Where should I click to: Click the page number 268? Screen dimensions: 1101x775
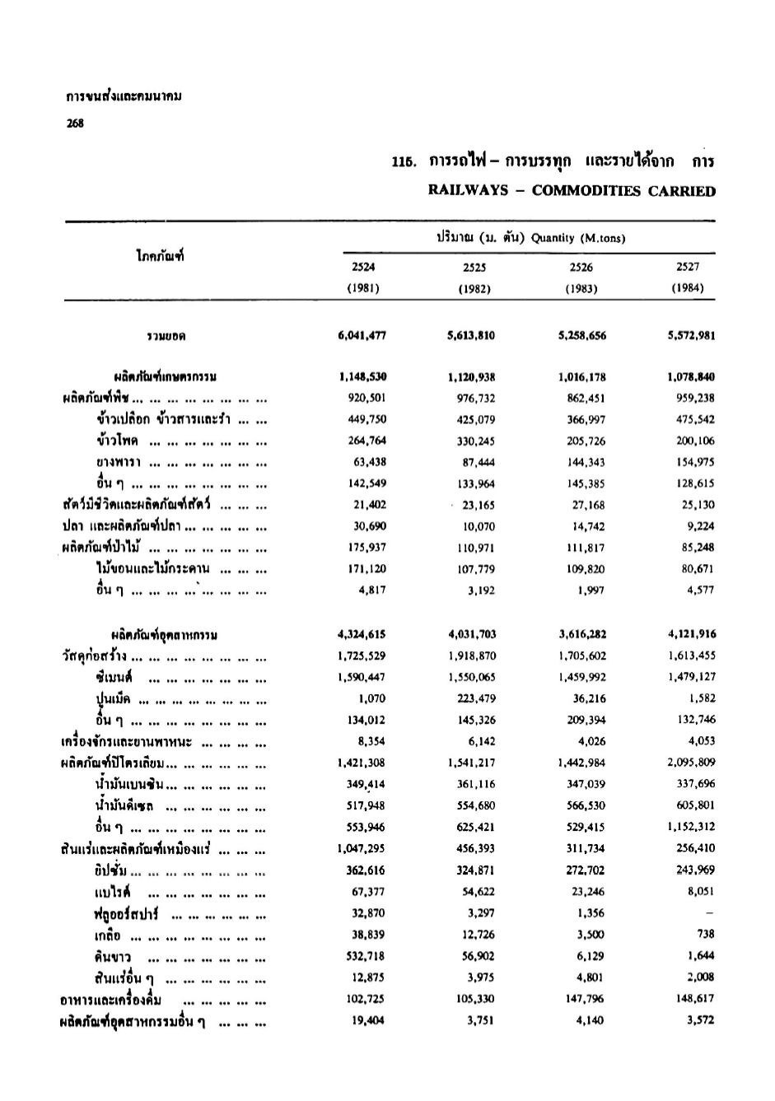[x=74, y=124]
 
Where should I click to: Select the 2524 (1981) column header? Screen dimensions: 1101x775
[x=363, y=278]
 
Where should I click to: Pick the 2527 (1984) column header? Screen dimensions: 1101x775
[x=687, y=278]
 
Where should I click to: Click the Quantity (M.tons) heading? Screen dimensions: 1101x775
[x=578, y=239]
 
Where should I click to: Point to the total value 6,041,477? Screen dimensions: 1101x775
[x=362, y=335]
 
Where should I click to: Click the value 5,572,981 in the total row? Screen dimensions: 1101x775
[x=691, y=335]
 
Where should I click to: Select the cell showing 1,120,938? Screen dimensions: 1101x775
[x=472, y=377]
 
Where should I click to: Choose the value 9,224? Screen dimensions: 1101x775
[x=698, y=525]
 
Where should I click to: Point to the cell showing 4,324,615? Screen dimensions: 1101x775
[x=362, y=634]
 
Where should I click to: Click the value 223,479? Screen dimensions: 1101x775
[x=476, y=698]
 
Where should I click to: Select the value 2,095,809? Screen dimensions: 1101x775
[x=691, y=763]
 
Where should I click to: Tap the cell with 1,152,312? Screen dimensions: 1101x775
[x=691, y=827]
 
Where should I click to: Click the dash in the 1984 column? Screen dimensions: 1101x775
[x=709, y=912]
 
